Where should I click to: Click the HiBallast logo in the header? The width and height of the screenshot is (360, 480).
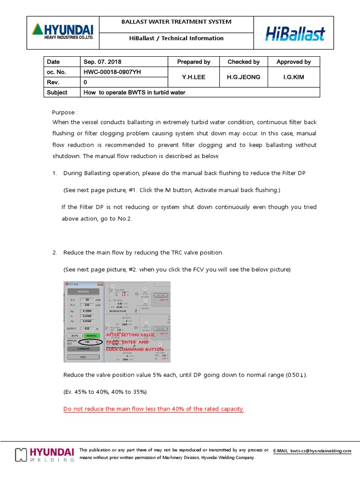(295, 33)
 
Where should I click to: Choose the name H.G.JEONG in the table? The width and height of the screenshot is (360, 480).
(243, 77)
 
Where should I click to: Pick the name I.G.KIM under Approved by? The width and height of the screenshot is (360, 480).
(293, 77)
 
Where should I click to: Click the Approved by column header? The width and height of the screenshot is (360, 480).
(293, 62)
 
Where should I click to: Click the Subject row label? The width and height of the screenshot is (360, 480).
(57, 92)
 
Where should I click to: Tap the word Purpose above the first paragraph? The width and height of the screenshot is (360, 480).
(64, 112)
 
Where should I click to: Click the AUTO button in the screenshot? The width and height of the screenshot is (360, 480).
(74, 336)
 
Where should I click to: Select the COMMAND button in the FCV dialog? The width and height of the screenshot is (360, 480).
(83, 349)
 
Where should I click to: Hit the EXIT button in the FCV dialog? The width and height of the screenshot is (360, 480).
(83, 357)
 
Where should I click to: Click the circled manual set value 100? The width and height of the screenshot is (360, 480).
(87, 342)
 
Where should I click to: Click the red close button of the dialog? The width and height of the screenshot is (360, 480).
(99, 284)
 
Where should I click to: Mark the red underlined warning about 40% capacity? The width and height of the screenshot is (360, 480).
(154, 409)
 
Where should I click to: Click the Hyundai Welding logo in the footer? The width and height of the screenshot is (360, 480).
(45, 454)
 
